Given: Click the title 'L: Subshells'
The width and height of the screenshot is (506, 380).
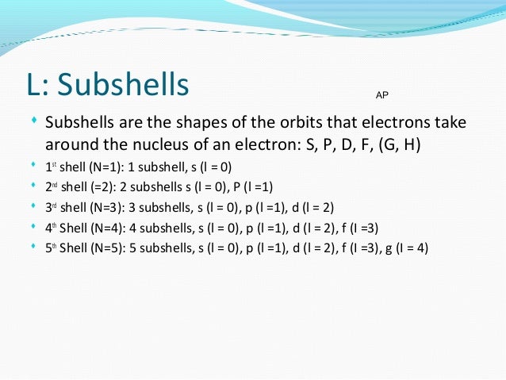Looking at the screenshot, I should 109,85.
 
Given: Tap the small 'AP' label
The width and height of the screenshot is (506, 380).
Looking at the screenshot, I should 381,94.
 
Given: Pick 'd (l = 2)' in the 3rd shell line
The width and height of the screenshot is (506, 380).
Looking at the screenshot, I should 309,208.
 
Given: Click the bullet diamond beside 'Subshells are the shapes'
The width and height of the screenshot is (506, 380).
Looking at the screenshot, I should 33,123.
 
